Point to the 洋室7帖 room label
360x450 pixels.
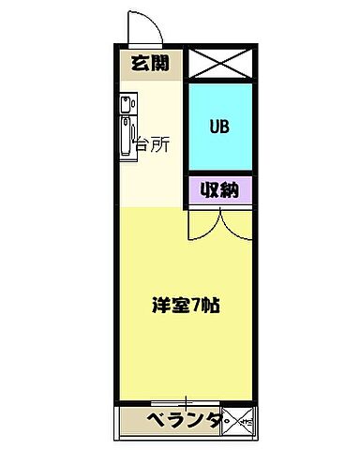click(x=186, y=307)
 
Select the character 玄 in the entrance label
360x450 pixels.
click(x=139, y=65)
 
